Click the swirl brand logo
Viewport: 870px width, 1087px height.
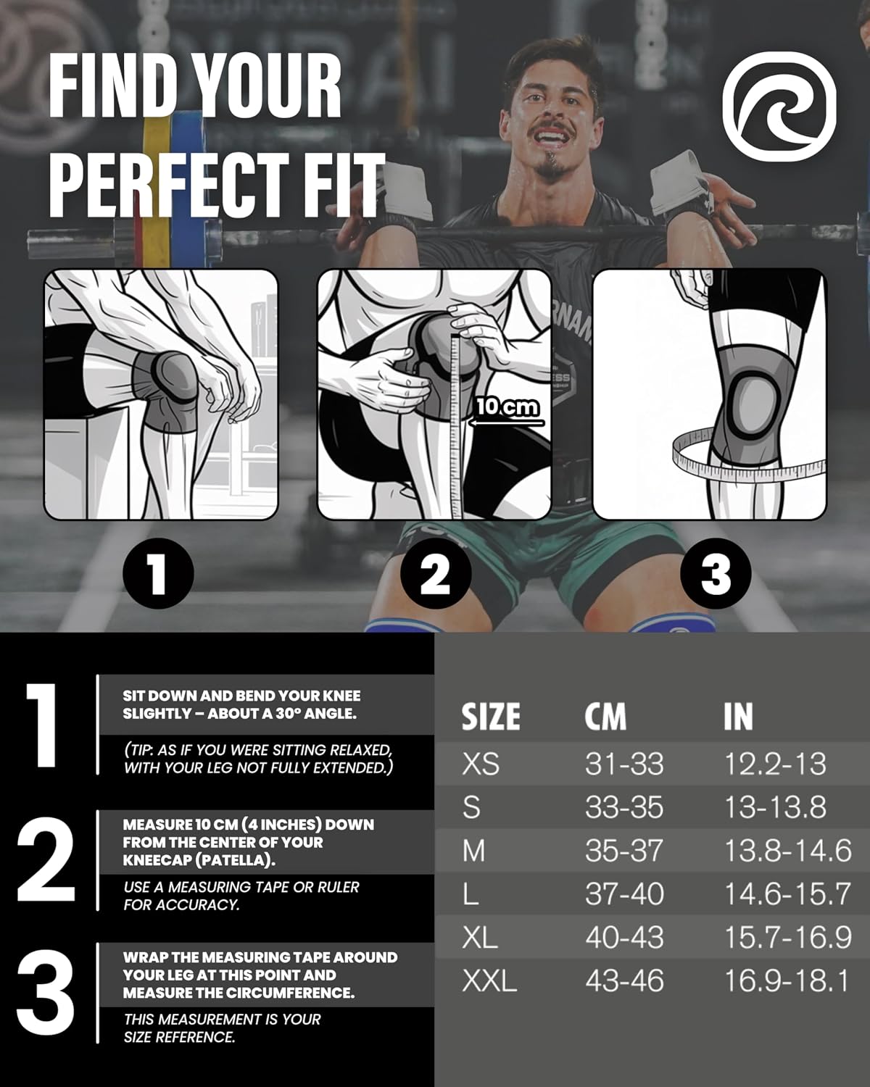pos(779,107)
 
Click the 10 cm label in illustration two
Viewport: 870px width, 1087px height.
pos(507,407)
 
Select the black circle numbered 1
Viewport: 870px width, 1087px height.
pos(158,574)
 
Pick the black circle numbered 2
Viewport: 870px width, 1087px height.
pos(435,574)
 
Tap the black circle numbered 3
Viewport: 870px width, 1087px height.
pos(716,574)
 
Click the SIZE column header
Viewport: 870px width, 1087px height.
pos(490,716)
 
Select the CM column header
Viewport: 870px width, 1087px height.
pos(605,716)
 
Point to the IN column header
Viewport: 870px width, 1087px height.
pos(738,716)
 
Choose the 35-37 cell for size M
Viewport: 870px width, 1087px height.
pos(623,851)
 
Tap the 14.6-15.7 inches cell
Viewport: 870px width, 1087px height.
pos(787,894)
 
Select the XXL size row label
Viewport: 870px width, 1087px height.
pos(489,981)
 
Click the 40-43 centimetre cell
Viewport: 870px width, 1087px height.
pos(624,938)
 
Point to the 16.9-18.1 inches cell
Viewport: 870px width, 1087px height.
pos(787,981)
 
